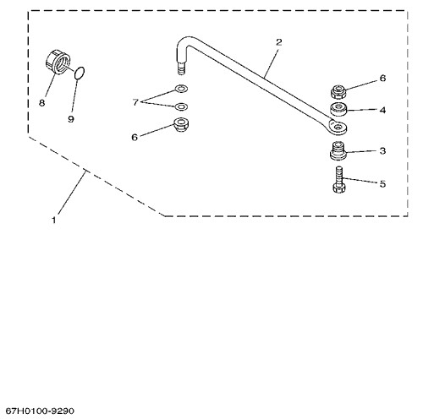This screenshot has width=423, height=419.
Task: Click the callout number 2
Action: [x=278, y=42]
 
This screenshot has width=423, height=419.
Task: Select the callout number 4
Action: [x=382, y=110]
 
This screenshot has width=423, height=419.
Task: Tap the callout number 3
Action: [x=382, y=151]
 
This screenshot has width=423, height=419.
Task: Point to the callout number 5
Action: [x=382, y=184]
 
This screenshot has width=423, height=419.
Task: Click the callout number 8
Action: [x=41, y=103]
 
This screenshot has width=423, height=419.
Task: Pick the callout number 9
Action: [x=71, y=119]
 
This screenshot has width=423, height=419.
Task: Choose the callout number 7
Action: [x=135, y=102]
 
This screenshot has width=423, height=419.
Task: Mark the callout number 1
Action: [x=54, y=220]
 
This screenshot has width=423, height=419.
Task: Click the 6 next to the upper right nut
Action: [x=382, y=78]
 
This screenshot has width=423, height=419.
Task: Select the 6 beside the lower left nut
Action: [x=135, y=138]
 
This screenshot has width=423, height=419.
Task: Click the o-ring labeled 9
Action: [x=80, y=73]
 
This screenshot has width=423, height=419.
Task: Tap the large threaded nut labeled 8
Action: [x=58, y=62]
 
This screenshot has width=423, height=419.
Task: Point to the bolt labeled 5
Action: [x=339, y=180]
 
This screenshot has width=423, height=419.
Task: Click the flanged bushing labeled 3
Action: [x=338, y=151]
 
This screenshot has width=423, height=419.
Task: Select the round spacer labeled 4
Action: [x=338, y=110]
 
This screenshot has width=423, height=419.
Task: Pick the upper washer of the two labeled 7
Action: [x=181, y=89]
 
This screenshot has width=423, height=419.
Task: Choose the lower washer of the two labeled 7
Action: [x=181, y=106]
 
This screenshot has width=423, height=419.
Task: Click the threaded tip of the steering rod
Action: [x=181, y=68]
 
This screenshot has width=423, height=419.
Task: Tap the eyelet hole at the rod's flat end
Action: [x=338, y=127]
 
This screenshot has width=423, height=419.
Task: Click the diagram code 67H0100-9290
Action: [x=40, y=411]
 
